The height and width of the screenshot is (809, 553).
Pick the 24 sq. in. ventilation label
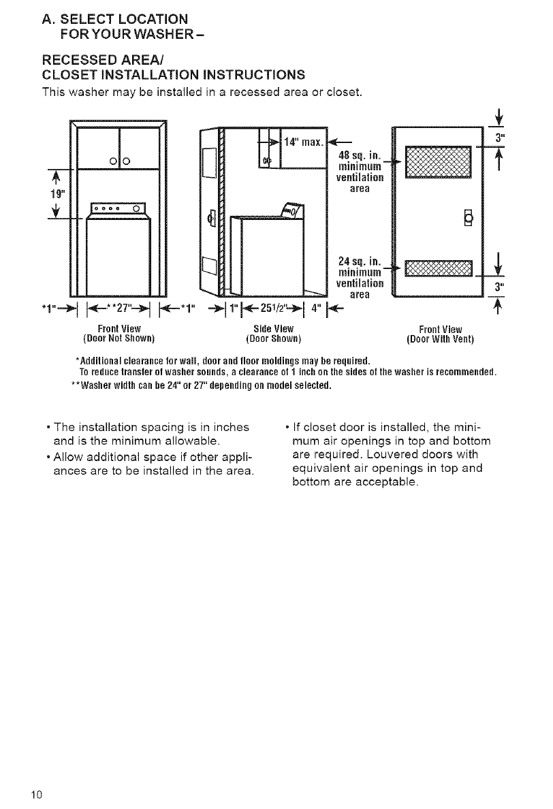click(x=359, y=261)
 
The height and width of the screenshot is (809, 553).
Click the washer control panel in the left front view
click(x=118, y=208)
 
